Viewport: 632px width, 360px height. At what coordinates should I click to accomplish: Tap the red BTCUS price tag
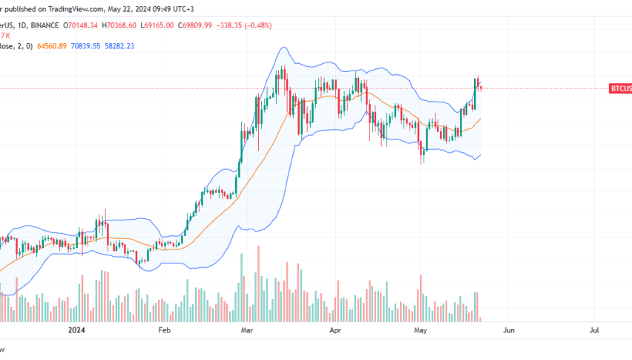(x=620, y=88)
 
